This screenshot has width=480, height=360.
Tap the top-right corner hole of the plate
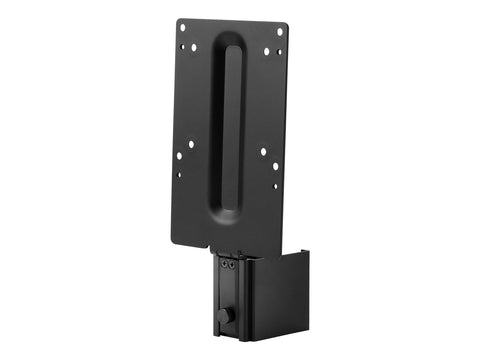tap(279, 31)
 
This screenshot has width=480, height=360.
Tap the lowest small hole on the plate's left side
tap(180, 175)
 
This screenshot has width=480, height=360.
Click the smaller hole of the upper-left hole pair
tap(182, 46)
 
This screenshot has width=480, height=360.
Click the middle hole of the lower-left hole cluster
tap(179, 156)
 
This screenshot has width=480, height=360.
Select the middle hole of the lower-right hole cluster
tap(276, 165)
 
